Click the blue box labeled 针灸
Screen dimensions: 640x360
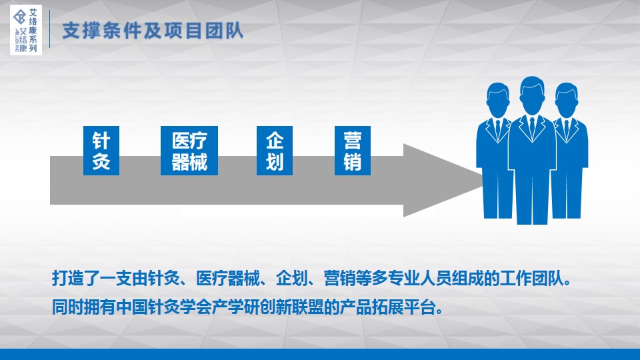(101, 151)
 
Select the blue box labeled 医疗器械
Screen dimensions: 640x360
(189, 151)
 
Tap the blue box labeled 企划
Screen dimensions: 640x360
(274, 151)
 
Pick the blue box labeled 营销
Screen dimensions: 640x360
(352, 151)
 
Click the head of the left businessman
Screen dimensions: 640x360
(498, 99)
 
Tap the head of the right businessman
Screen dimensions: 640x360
(567, 99)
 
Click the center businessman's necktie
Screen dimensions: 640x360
(532, 127)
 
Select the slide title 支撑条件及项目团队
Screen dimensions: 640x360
(153, 31)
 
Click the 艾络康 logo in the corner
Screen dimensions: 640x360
(26, 30)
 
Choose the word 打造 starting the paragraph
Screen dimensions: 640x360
(68, 279)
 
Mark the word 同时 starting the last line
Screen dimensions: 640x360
(68, 307)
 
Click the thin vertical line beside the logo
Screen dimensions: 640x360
(50, 29)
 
